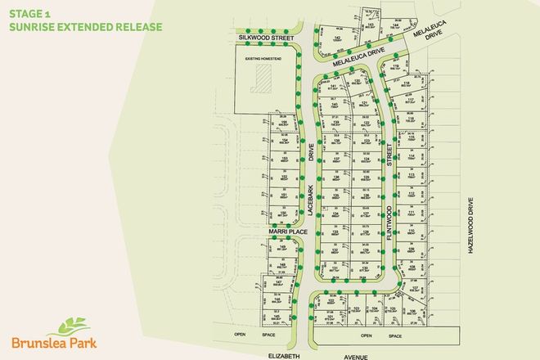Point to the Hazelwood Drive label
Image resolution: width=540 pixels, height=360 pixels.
point(471,228)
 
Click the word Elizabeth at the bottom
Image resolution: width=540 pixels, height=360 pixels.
point(282,355)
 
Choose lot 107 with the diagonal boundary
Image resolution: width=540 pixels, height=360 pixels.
point(414,289)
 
